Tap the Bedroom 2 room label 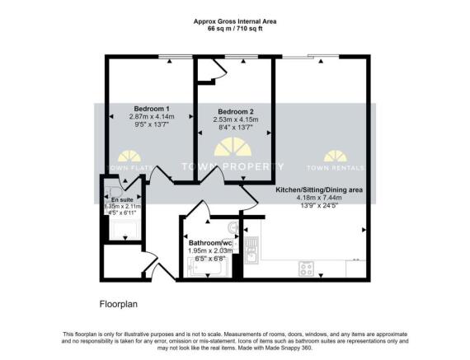click(234, 111)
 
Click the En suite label click(120, 198)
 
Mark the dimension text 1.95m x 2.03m click(207, 250)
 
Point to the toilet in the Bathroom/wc click(233, 226)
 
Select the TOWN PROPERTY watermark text click(233, 166)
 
